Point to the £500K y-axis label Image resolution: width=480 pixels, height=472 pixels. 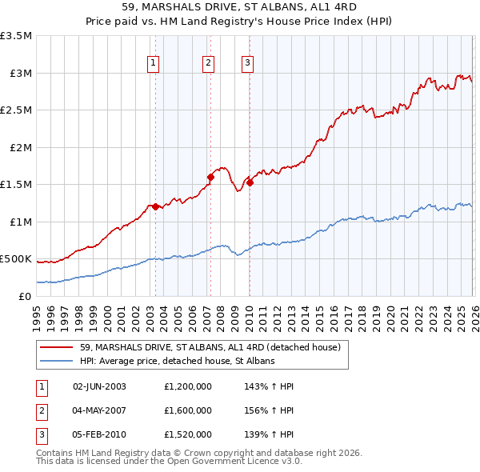click(16, 259)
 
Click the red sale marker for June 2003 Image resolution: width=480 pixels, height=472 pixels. click(154, 206)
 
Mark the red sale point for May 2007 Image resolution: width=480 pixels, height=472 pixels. click(210, 177)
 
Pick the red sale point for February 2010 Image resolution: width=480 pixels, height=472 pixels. click(250, 182)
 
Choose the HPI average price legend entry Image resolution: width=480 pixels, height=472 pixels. click(177, 361)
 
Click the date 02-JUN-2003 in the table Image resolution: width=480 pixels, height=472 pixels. click(100, 386)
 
